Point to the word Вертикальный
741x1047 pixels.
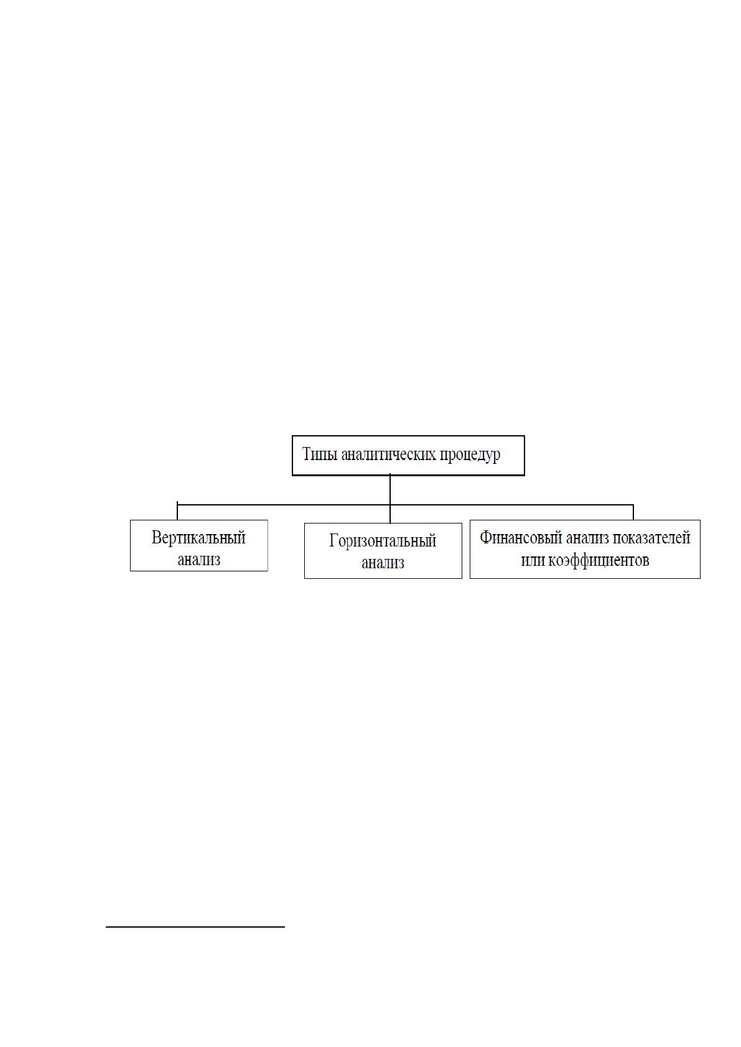(198, 538)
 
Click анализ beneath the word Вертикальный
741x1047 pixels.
(199, 560)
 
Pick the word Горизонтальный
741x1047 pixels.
(383, 542)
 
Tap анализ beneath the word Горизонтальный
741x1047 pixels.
(383, 563)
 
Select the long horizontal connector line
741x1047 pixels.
(405, 505)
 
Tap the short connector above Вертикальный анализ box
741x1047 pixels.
(177, 511)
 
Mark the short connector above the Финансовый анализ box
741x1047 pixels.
(633, 512)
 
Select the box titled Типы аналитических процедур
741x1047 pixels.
(408, 456)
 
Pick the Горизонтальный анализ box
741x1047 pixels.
(383, 551)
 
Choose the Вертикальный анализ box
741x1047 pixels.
(199, 545)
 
